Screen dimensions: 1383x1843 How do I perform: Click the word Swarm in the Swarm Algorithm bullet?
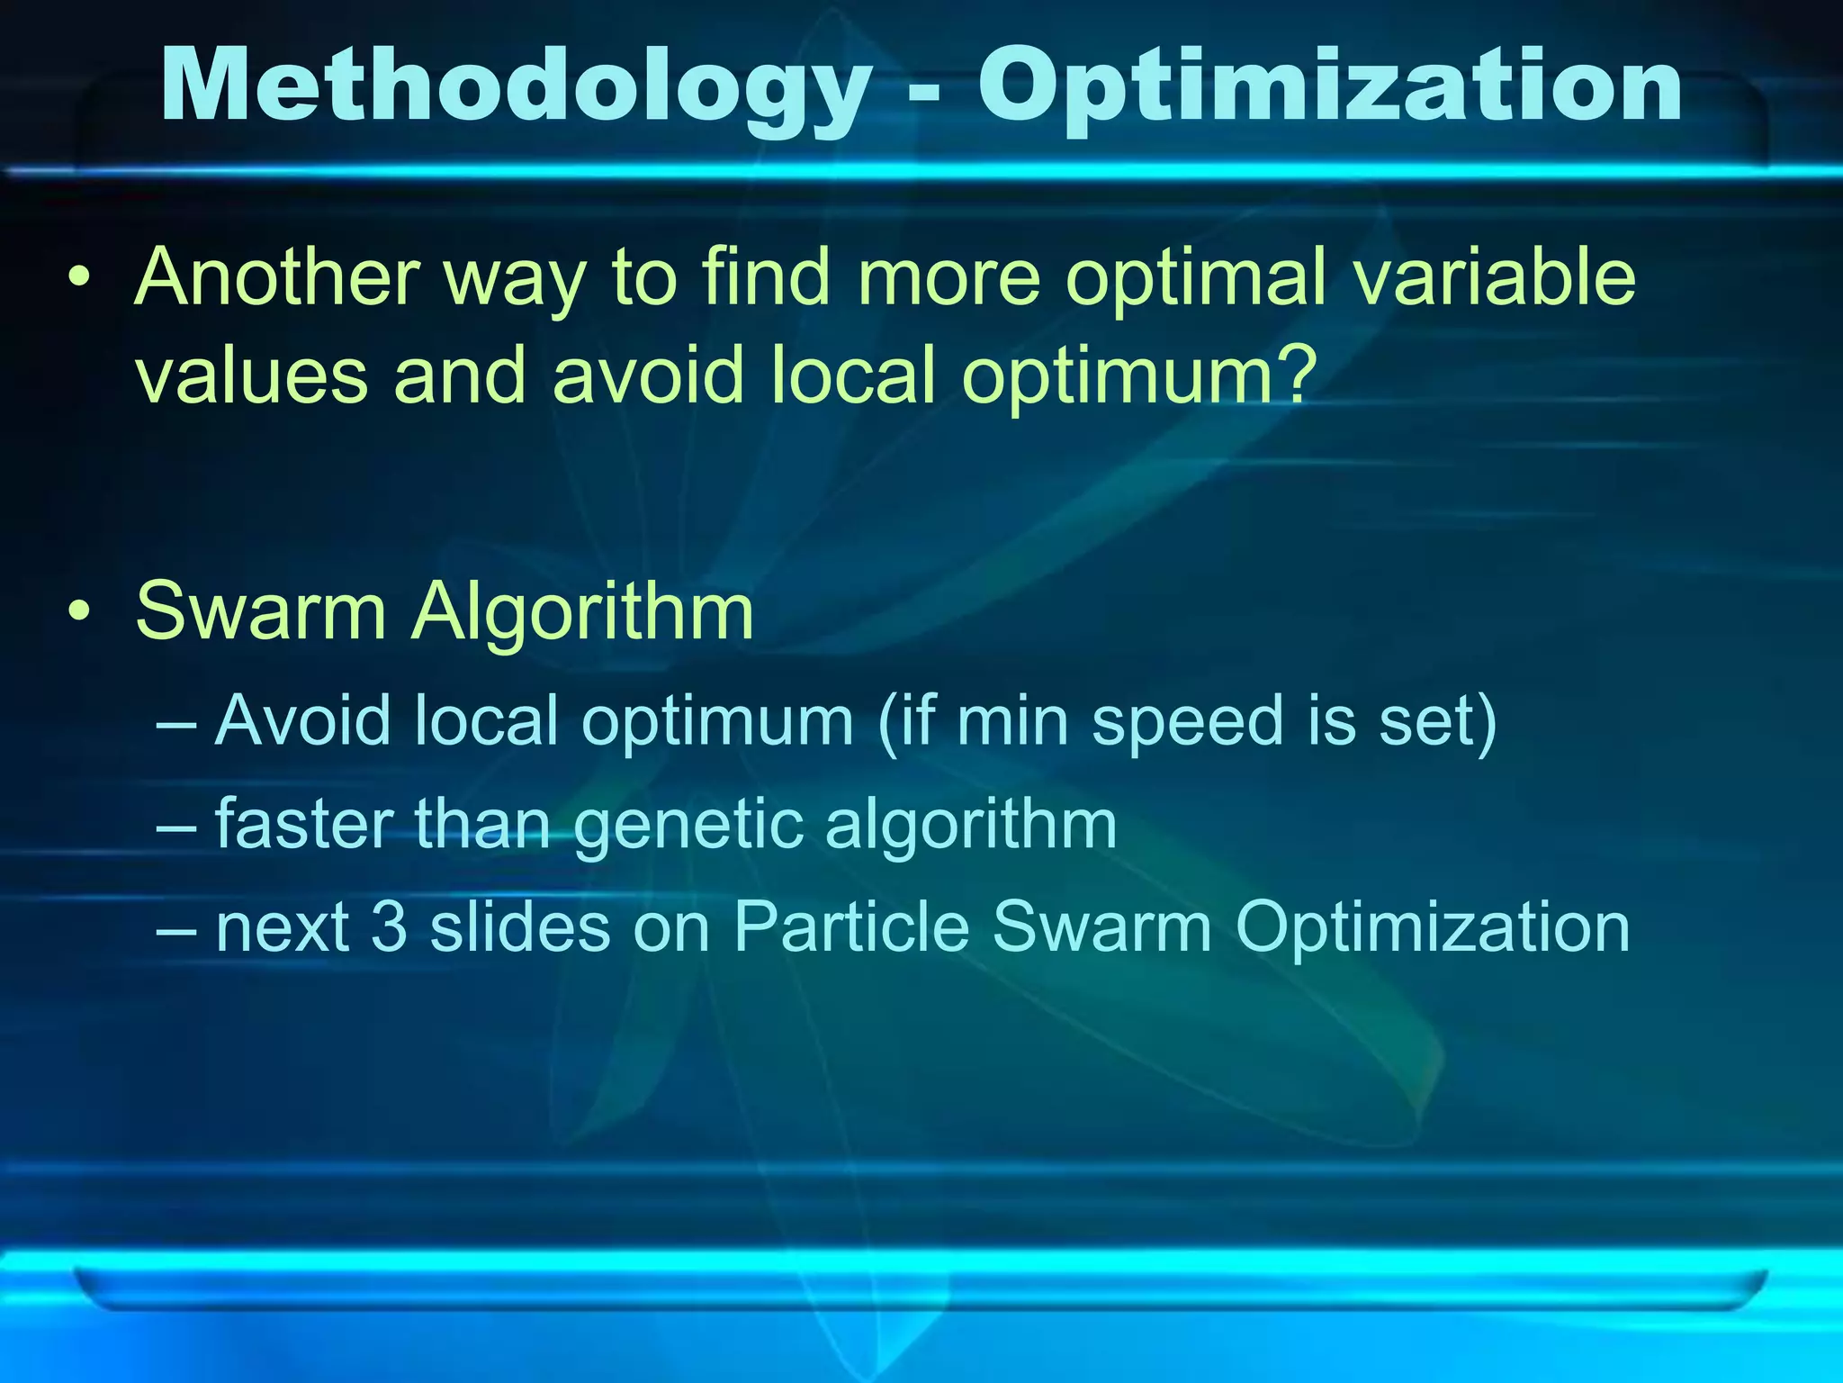[x=261, y=612]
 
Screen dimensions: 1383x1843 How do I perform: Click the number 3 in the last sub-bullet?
[x=389, y=927]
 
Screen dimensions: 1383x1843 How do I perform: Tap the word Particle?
[x=851, y=927]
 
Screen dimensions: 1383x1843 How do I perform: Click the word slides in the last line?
[x=520, y=927]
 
